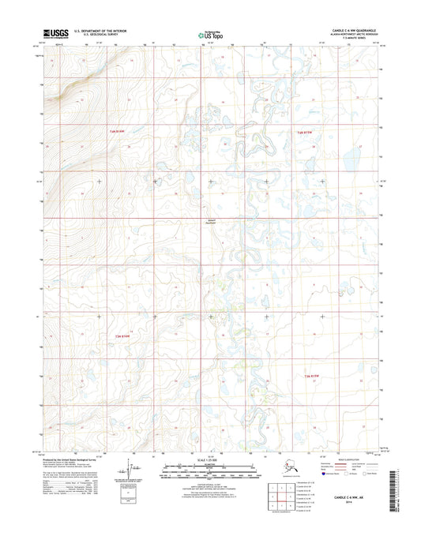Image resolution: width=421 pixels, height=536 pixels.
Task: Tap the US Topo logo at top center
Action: pyautogui.click(x=211, y=34)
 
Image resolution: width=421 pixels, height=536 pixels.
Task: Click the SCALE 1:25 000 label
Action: pyautogui.click(x=210, y=458)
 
